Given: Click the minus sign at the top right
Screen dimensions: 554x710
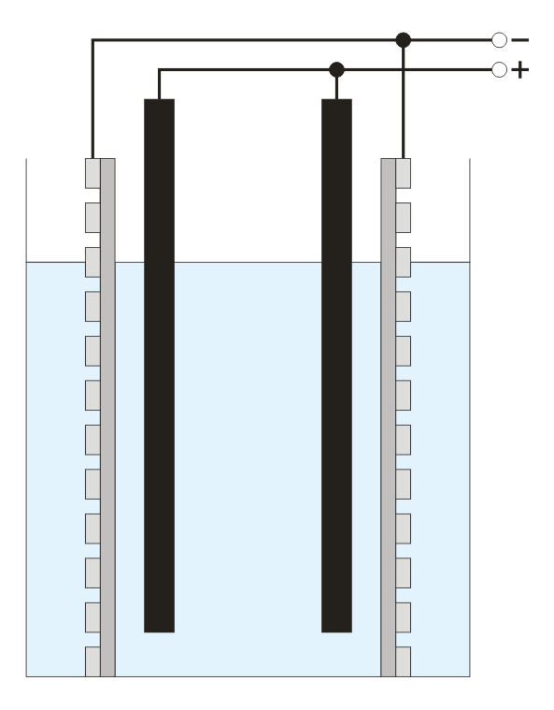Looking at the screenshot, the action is coord(520,40).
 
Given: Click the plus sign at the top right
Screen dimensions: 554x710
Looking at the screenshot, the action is coord(520,70).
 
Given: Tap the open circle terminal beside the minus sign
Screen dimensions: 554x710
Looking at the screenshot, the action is coord(499,40).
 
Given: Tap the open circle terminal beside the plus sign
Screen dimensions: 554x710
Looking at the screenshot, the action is coord(499,70).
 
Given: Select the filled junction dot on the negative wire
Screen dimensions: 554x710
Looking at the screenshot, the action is coord(404,40).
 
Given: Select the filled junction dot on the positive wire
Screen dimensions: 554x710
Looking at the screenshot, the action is coord(336,70).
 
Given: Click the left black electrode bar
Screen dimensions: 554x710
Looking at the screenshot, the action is coord(159,366).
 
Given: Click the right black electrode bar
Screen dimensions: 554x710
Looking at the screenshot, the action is coord(336,366).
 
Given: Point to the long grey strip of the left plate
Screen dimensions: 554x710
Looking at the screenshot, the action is coord(107,417).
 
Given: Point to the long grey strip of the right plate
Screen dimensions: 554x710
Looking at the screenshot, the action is coord(389,417).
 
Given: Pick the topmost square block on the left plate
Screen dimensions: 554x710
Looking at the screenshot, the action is coord(92,173).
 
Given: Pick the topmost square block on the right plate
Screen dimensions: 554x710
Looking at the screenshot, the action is coord(404,173).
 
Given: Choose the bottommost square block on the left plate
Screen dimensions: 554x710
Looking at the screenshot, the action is coord(92,661).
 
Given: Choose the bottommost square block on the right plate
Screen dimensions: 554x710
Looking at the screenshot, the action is coord(404,661).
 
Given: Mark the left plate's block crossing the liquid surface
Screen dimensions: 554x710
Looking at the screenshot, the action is coord(92,262).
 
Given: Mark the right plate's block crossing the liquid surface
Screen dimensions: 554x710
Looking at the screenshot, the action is coord(404,262).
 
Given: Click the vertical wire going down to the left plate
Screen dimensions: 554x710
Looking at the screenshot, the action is coord(92,99).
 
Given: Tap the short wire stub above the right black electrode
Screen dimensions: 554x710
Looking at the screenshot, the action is coord(336,88).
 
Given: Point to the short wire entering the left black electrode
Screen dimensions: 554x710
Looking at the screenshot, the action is coord(159,84).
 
